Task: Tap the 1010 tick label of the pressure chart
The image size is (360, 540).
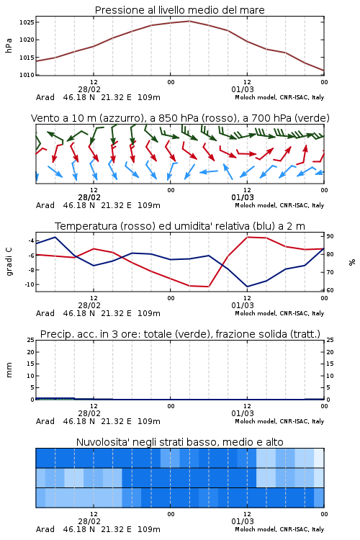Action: point(27,75)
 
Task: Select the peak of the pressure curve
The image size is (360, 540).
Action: point(189,21)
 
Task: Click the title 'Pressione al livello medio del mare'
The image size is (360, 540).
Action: point(180,10)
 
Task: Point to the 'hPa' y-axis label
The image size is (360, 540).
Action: point(9,45)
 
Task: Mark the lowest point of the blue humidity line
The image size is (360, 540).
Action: point(247,287)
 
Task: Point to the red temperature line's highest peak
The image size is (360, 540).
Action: point(247,237)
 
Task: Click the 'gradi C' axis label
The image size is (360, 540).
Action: point(9,261)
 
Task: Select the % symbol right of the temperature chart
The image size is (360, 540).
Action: point(352,262)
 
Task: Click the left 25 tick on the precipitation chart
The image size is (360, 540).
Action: point(31,340)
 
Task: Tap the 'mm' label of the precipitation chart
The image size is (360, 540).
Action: point(9,370)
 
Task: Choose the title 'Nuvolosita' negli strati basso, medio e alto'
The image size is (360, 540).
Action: point(180,442)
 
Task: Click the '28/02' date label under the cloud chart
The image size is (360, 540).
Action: point(89,521)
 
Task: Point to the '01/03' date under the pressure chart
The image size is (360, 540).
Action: point(243,89)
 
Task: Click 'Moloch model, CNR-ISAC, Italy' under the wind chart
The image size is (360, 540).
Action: point(279,205)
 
